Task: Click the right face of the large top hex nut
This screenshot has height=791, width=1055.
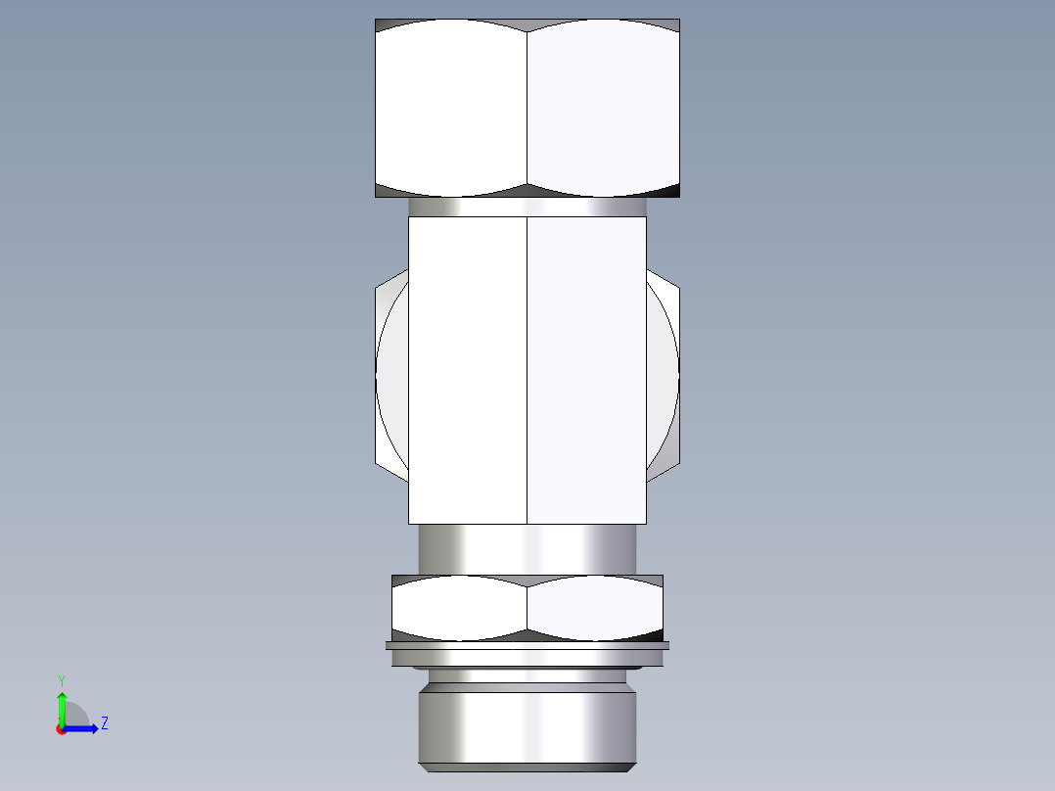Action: click(603, 108)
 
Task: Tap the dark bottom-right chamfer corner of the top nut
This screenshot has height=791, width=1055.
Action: click(668, 190)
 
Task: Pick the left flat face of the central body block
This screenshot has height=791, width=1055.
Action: click(468, 370)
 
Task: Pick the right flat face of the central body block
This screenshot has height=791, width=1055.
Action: click(586, 370)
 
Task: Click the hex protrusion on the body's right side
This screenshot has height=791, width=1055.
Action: click(663, 377)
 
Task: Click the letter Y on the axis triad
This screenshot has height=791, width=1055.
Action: click(62, 679)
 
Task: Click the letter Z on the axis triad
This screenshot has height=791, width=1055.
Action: click(104, 723)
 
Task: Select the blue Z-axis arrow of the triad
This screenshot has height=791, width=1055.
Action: click(83, 727)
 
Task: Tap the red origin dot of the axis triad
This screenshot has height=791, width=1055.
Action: click(62, 729)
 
